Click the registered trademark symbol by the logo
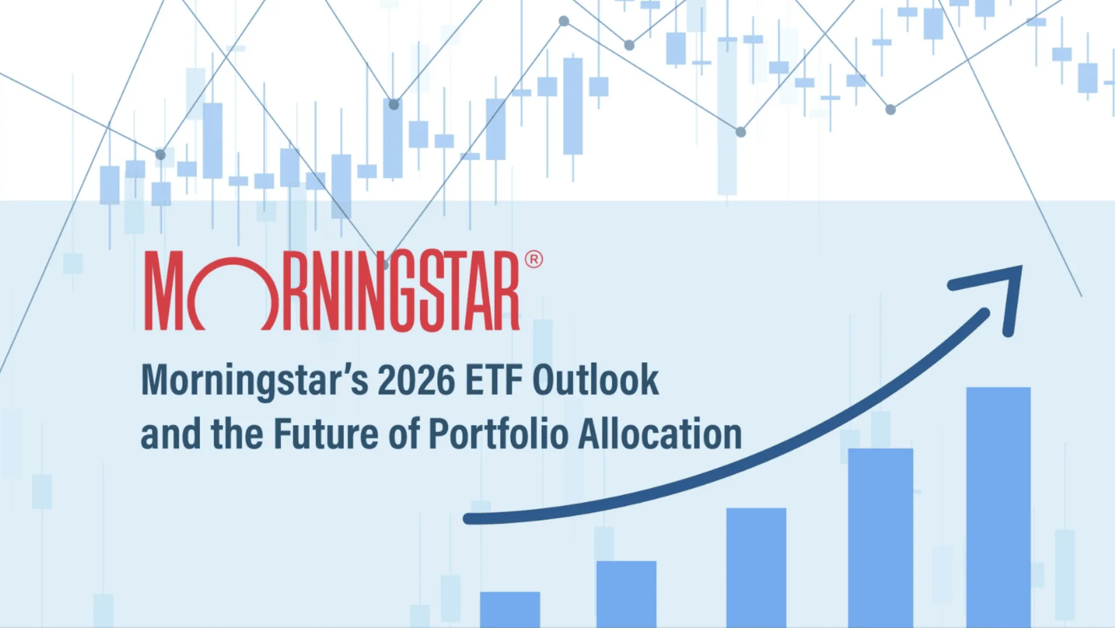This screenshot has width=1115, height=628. pyautogui.click(x=534, y=259)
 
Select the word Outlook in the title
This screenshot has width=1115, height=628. pyautogui.click(x=595, y=381)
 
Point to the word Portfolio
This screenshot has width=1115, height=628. pyautogui.click(x=498, y=434)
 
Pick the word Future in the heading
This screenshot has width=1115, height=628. pyautogui.click(x=326, y=434)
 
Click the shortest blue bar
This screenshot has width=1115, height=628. pyautogui.click(x=510, y=609)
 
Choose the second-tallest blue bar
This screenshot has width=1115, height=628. pyautogui.click(x=880, y=537)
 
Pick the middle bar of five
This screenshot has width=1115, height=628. pyautogui.click(x=756, y=567)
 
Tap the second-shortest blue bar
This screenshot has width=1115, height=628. pyautogui.click(x=626, y=593)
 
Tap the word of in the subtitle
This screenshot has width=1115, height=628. pyautogui.click(x=404, y=434)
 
